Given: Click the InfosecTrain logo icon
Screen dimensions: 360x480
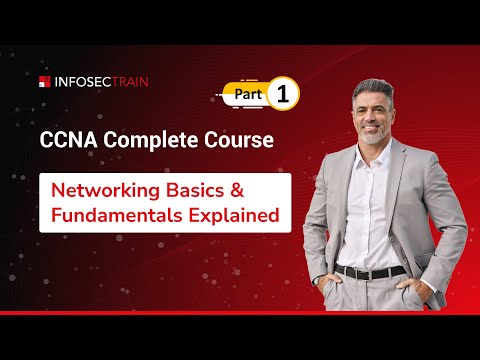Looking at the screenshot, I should click(45, 82).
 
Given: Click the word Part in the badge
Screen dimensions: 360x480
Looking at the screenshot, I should click(250, 94).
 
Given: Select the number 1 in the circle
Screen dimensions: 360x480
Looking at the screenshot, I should click(283, 94).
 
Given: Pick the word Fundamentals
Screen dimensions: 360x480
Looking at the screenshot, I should click(123, 214).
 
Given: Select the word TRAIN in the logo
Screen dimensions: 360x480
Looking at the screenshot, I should click(127, 82).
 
